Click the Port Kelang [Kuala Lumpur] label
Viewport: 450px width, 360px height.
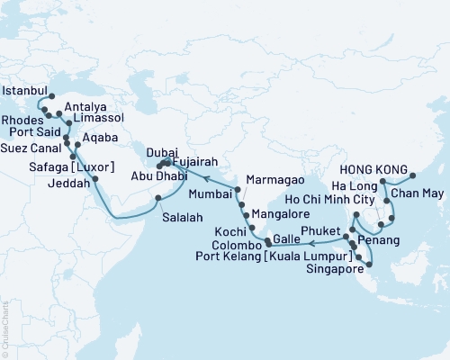(287, 257)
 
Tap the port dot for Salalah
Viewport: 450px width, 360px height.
(158, 198)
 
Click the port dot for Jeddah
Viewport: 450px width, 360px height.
(94, 179)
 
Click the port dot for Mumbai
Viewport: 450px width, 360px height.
(237, 190)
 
